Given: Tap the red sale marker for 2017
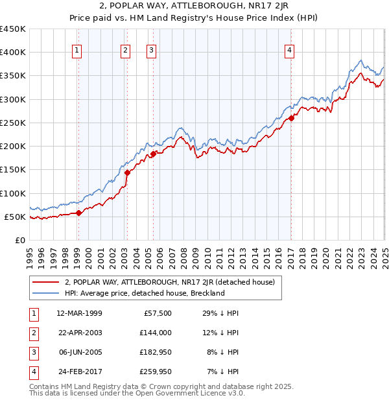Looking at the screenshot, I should coord(292,118).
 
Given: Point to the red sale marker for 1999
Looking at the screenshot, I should coord(78,213).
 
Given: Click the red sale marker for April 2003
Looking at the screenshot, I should coord(127,172).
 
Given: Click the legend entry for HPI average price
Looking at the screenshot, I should coord(144,293).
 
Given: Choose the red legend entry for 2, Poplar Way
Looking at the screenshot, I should coord(170,282).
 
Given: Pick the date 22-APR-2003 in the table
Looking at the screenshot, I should coord(80,333).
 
